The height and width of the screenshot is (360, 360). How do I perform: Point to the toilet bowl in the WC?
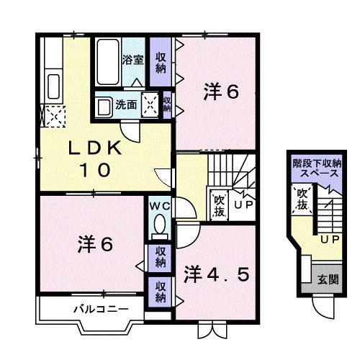[x=160, y=224]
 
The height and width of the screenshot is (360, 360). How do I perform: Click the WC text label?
[x=159, y=205]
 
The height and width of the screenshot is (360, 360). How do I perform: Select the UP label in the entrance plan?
[x=329, y=239]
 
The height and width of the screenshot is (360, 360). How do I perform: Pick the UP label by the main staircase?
[x=243, y=205]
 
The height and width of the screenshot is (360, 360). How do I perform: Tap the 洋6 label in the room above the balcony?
[x=94, y=245]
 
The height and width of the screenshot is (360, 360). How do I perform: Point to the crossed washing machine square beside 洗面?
[x=151, y=104]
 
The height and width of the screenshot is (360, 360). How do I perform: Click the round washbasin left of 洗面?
[x=104, y=106]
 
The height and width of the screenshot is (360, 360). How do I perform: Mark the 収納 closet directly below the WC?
[x=160, y=257]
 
